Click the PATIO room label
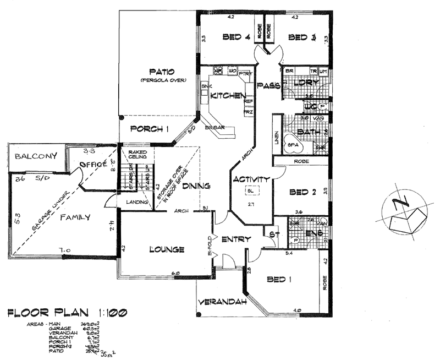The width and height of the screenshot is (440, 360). pyautogui.click(x=161, y=72)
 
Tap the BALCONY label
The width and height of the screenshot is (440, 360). pyautogui.click(x=36, y=156)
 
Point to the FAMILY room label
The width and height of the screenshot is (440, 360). pyautogui.click(x=75, y=217)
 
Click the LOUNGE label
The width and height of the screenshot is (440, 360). pyautogui.click(x=167, y=250)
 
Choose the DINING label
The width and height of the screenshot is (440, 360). pyautogui.click(x=197, y=186)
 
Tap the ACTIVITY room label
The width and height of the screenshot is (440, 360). pyautogui.click(x=251, y=179)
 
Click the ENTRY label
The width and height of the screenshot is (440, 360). pyautogui.click(x=237, y=239)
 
